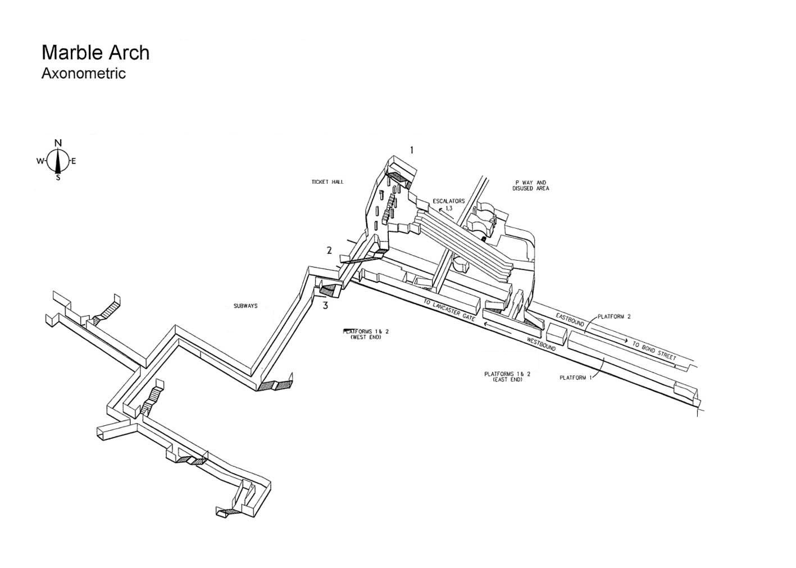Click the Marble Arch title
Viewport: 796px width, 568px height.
click(x=95, y=53)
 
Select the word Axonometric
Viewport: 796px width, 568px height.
click(x=84, y=74)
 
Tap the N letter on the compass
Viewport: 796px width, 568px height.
click(x=58, y=143)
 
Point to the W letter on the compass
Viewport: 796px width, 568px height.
click(x=39, y=161)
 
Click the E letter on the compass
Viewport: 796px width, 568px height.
click(x=74, y=161)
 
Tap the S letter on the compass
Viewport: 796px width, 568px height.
click(x=58, y=178)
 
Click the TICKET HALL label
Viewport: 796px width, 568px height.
click(x=328, y=182)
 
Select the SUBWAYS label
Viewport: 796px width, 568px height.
click(x=245, y=306)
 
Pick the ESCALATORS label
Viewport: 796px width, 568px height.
click(x=449, y=201)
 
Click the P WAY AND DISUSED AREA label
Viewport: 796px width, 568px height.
click(x=530, y=185)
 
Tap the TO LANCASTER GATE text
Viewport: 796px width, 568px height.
click(x=449, y=310)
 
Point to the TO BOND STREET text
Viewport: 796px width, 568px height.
click(x=654, y=350)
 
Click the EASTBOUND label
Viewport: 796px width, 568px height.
click(x=570, y=320)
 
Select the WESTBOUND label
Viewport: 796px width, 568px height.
click(x=541, y=344)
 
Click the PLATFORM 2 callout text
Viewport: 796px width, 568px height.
click(x=614, y=316)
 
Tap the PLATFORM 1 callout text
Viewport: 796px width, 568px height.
click(x=576, y=378)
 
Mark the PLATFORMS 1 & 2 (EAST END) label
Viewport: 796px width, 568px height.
click(x=507, y=377)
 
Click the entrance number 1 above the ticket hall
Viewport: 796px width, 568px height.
click(x=412, y=151)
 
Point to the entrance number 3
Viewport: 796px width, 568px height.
click(x=325, y=305)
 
